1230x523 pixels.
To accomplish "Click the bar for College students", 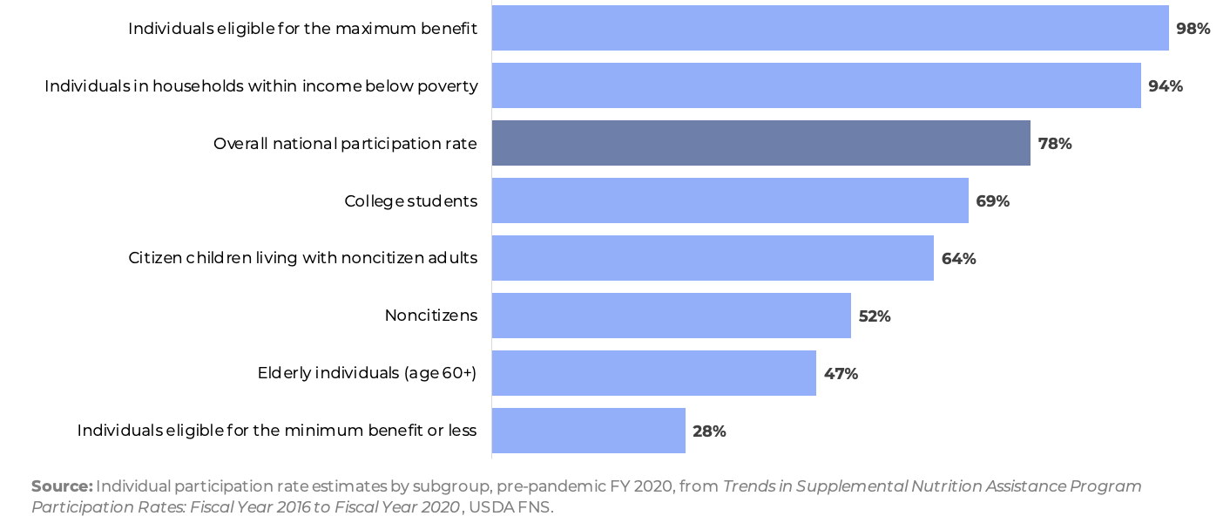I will [x=730, y=200].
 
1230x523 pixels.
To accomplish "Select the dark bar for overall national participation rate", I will [x=760, y=143].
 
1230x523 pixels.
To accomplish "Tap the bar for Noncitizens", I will [x=671, y=316].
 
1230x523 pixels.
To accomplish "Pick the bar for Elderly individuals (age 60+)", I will [x=653, y=373].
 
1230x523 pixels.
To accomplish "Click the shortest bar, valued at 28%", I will [x=588, y=431].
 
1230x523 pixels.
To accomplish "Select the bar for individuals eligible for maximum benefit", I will [x=829, y=28].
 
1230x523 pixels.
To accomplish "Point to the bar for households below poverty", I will [x=816, y=85].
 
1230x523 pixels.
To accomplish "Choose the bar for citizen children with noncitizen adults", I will [x=713, y=258].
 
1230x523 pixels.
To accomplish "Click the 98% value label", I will [x=1193, y=28].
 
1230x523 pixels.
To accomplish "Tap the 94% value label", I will [x=1165, y=85].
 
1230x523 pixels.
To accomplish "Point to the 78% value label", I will [x=1054, y=143].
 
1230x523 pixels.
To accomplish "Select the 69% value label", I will [x=992, y=200].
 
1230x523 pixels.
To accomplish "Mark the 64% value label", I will [x=958, y=258].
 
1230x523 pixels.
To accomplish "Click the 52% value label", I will [x=874, y=316].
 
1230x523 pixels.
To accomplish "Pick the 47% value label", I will [x=841, y=373].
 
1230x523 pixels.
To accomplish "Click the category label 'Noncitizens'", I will [x=430, y=316].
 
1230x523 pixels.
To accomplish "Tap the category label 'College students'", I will [x=410, y=200].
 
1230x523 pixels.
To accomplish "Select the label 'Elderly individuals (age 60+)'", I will [x=367, y=373].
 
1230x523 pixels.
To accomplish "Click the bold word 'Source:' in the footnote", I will [x=62, y=486].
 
